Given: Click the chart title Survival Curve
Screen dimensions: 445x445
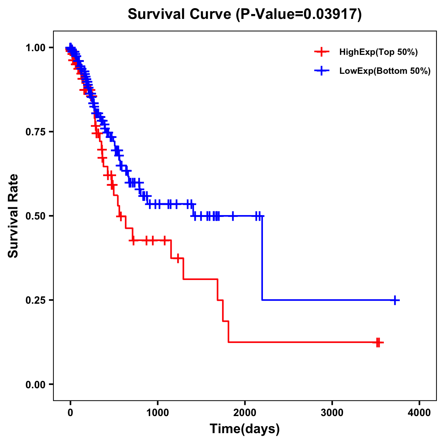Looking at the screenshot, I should (180, 14).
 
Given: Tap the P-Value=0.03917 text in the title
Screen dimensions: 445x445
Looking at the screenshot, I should (299, 14).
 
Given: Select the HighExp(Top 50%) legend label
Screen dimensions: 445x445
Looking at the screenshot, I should (378, 52).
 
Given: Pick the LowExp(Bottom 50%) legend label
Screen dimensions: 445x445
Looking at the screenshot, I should (385, 71).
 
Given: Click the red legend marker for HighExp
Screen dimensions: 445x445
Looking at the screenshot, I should (322, 52).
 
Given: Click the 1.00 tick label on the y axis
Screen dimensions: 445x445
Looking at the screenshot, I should (35, 48).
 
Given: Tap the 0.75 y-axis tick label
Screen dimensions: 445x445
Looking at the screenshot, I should (35, 132).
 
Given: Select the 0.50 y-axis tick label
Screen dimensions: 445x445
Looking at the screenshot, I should (35, 216).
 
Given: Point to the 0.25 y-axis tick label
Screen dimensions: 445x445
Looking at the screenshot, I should (35, 300).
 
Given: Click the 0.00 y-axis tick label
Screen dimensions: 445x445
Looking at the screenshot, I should (35, 385).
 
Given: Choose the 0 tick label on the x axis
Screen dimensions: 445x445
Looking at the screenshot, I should (70, 413).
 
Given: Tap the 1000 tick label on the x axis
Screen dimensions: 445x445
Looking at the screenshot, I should (158, 413).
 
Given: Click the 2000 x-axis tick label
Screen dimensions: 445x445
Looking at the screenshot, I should (245, 413).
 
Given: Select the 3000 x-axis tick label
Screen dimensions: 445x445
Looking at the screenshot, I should (332, 413).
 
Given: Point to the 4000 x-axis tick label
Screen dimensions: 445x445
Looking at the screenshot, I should (419, 413).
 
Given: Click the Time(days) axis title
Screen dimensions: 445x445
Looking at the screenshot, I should (245, 429).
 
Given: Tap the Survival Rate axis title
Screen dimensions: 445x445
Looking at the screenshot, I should (14, 215).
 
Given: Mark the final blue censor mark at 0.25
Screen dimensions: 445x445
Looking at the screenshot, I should (395, 300).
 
